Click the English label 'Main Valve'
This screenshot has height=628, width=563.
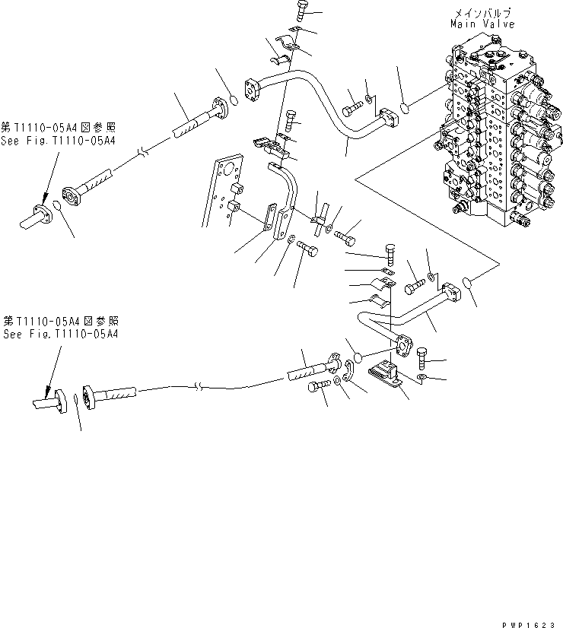[482, 24]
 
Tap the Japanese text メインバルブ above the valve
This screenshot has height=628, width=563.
[482, 13]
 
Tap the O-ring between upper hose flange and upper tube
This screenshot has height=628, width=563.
[236, 99]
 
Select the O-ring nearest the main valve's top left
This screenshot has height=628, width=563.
[406, 109]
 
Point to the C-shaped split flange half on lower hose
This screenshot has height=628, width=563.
[347, 375]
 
